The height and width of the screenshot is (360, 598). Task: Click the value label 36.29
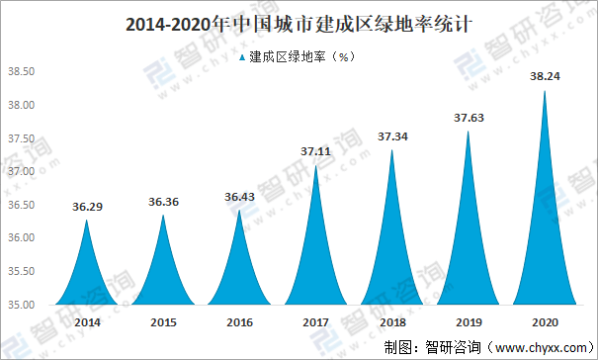(x=87, y=208)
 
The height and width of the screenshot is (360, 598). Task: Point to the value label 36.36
(x=163, y=203)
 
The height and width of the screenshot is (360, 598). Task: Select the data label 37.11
(x=316, y=151)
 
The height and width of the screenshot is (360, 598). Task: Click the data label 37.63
(x=469, y=117)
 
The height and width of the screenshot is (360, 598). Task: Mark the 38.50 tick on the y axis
(x=21, y=71)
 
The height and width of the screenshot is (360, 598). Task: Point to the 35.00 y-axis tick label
(x=21, y=305)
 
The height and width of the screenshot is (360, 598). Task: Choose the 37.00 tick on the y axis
(x=21, y=171)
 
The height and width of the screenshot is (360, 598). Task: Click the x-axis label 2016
(x=239, y=322)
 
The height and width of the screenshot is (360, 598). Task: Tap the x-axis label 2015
(x=163, y=322)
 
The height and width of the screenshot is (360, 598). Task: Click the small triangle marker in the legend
(x=243, y=57)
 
